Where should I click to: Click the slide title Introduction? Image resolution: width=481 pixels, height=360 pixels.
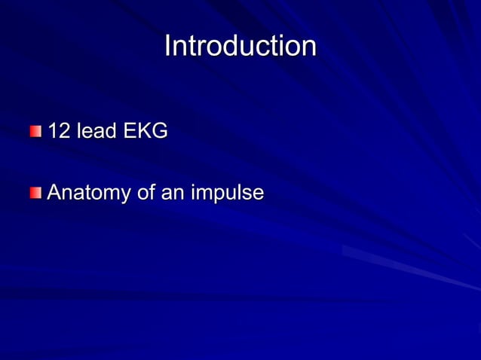point(240,46)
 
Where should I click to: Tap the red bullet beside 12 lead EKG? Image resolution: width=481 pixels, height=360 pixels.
point(36,133)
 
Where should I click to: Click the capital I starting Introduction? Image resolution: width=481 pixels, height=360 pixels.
point(168,46)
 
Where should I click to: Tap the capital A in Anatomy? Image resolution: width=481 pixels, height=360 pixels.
point(54,193)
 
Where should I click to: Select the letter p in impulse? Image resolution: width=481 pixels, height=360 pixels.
point(216,196)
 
